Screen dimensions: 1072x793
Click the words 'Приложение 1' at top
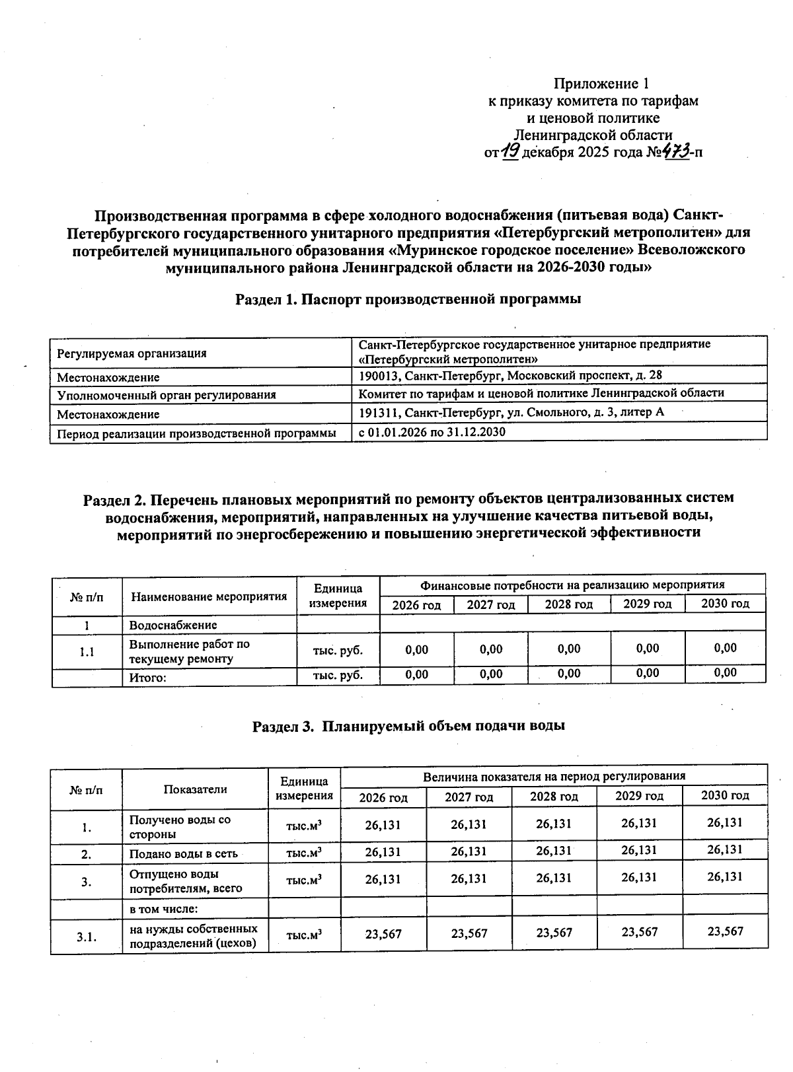(x=601, y=84)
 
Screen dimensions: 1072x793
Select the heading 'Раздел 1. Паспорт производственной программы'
(x=408, y=299)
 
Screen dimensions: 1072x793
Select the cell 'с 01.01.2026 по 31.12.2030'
(x=432, y=431)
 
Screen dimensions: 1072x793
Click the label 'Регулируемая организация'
(x=132, y=353)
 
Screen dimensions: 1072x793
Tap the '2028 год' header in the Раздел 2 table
(x=568, y=604)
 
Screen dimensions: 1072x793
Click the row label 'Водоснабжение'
(x=172, y=625)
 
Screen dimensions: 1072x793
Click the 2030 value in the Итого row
(x=725, y=673)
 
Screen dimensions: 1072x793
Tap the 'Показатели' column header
(x=195, y=789)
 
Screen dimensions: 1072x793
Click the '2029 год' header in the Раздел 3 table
(x=639, y=796)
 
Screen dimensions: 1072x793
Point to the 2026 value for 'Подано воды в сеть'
(x=383, y=851)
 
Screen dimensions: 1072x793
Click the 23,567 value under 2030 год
(x=725, y=931)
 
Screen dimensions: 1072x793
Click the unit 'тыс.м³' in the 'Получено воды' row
(x=303, y=826)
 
